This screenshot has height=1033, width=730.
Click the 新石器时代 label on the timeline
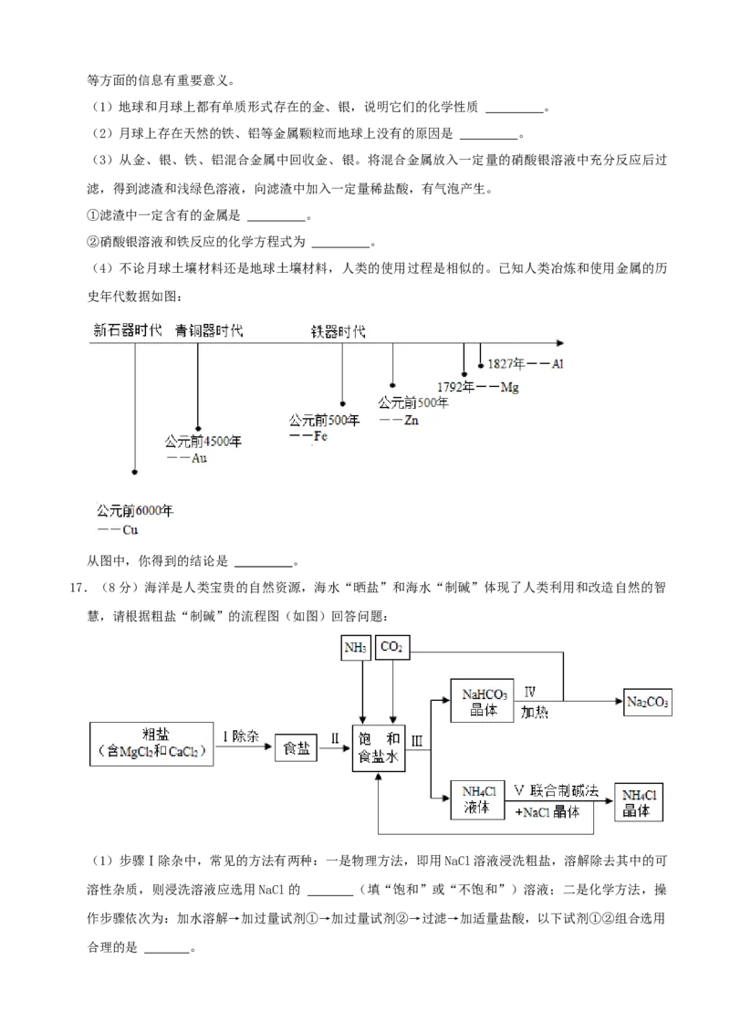coord(127,330)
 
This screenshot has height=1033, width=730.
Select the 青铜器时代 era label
coord(209,330)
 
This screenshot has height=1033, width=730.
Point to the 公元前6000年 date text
coord(135,511)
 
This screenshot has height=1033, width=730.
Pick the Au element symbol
coord(198,457)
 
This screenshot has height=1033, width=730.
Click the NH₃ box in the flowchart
coord(356,648)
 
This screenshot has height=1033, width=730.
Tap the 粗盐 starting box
coord(152,743)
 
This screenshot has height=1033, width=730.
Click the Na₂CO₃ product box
coord(648,702)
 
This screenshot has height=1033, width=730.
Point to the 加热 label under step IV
coord(535,712)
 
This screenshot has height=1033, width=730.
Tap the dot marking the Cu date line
coord(134,472)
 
